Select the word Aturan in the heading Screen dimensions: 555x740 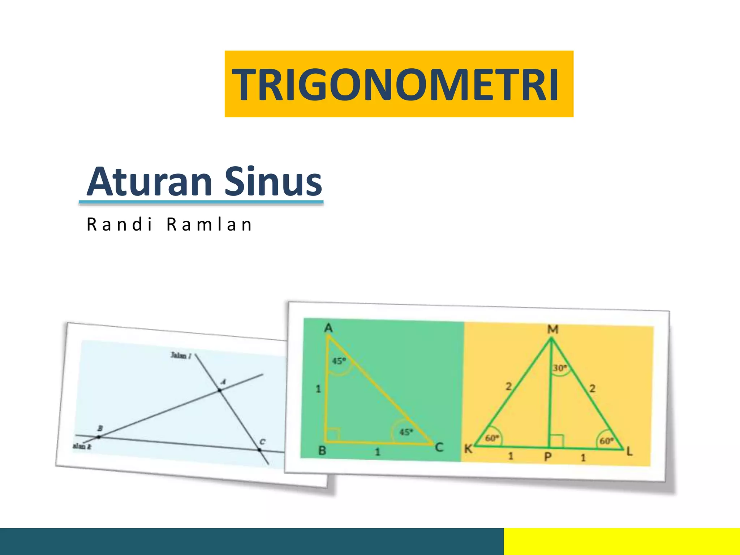[149, 181]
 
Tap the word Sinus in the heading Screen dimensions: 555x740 [273, 181]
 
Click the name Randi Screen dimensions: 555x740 [120, 225]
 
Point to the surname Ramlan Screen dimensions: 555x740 [209, 225]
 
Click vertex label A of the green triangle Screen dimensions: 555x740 [328, 328]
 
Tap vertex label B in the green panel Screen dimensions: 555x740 [322, 451]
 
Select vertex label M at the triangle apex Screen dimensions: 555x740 [552, 330]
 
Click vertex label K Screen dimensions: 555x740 [468, 449]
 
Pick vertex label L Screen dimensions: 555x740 [629, 451]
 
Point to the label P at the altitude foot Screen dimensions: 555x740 [548, 457]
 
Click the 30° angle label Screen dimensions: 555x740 [560, 368]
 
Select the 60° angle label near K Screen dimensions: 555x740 [492, 438]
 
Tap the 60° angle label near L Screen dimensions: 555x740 [606, 441]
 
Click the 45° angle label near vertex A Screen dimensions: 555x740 [339, 361]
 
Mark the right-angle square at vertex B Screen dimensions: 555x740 [333, 434]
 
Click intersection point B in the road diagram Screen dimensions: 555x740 [99, 437]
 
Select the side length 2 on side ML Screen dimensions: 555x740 [592, 388]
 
